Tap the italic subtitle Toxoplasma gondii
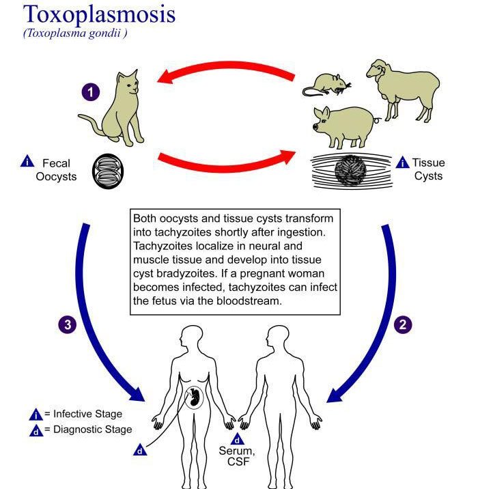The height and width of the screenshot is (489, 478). [x=76, y=34]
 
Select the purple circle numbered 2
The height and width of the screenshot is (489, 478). [x=403, y=325]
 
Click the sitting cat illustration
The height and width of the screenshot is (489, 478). [x=113, y=109]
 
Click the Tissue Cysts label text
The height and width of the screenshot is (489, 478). [x=428, y=169]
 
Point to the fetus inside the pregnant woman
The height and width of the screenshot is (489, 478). [x=195, y=399]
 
